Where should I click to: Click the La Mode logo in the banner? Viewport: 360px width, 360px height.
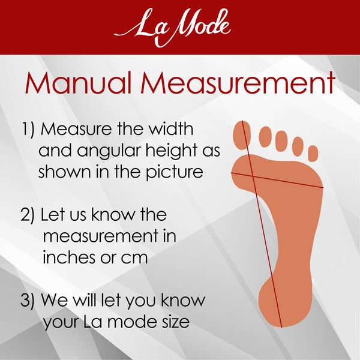pos(172,27)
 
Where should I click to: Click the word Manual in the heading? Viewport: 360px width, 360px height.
pos(78,83)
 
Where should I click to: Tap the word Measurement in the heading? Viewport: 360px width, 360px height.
pos(238,83)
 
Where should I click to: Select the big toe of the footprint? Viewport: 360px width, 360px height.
pos(242,135)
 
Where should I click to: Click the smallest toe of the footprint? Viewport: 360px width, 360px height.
pos(313,154)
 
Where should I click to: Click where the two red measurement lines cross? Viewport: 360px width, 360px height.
pos(253,176)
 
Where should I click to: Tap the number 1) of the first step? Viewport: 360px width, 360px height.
pos(28,130)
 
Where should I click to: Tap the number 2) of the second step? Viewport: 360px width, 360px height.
pos(28,215)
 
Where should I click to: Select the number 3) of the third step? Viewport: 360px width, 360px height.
pos(28,301)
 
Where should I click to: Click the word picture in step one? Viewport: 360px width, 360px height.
pos(175,172)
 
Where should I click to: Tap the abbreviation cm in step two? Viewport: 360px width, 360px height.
pos(134,259)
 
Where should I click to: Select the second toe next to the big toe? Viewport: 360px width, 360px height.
pos(265,137)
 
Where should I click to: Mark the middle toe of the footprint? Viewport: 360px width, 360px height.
pos(281,141)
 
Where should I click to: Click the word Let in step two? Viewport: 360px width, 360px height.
pos(52,214)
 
